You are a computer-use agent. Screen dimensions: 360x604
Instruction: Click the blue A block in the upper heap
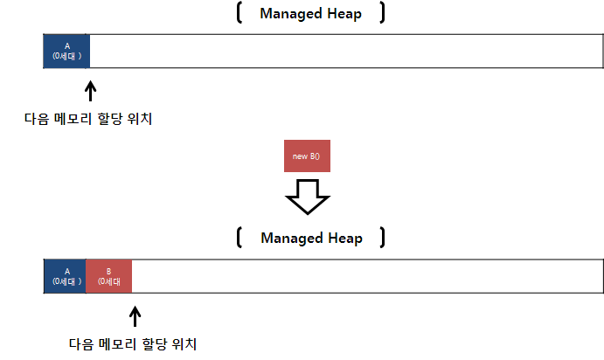(66, 51)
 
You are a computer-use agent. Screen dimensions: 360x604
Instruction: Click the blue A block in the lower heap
(66, 275)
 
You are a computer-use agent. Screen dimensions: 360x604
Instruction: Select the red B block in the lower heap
(108, 275)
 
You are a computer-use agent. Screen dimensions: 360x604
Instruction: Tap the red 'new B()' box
(307, 156)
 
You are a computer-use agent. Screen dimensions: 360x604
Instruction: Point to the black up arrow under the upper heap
(91, 92)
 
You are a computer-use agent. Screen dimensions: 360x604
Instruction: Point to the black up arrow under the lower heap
(135, 315)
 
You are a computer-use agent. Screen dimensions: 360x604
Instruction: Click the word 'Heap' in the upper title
(345, 14)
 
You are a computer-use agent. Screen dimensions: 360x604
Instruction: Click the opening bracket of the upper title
(239, 14)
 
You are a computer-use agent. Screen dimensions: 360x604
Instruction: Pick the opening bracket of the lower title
(239, 238)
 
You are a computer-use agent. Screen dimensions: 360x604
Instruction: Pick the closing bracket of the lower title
(383, 238)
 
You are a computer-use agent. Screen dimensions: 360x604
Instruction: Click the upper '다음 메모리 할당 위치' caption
(88, 119)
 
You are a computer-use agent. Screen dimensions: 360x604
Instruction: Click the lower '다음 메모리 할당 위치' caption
(133, 343)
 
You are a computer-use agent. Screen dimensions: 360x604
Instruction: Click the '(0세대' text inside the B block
(108, 281)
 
